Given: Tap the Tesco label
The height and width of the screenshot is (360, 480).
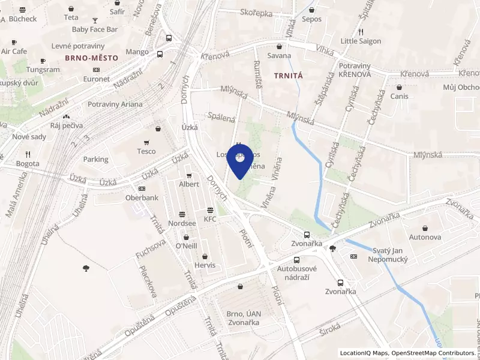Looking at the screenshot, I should tap(146, 151).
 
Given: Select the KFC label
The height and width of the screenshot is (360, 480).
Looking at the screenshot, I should tap(210, 219).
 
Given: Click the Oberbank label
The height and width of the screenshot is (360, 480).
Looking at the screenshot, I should tap(142, 197).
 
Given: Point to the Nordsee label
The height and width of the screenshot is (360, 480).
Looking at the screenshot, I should tap(182, 223).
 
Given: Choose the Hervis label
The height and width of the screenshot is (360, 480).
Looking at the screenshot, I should tap(205, 265).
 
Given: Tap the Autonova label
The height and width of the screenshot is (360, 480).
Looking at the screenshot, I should tap(425, 237).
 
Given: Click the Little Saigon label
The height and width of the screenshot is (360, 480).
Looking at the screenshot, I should tap(361, 41).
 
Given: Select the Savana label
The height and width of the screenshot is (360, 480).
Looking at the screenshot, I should tap(279, 56).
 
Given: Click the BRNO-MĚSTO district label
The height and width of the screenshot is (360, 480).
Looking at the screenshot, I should tap(92, 57).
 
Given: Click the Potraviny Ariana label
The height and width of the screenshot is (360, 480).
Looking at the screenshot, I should tap(115, 104).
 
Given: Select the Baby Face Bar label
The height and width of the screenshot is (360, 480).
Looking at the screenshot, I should tap(95, 29).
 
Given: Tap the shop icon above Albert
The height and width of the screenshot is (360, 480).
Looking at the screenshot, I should tap(190, 176).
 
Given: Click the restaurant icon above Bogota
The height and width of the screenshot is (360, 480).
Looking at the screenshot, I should tap(28, 154).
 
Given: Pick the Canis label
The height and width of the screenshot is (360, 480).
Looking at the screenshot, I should tap(399, 96).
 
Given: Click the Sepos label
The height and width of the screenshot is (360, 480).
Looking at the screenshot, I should tap(312, 19).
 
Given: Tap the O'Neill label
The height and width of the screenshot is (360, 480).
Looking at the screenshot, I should tap(186, 246).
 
